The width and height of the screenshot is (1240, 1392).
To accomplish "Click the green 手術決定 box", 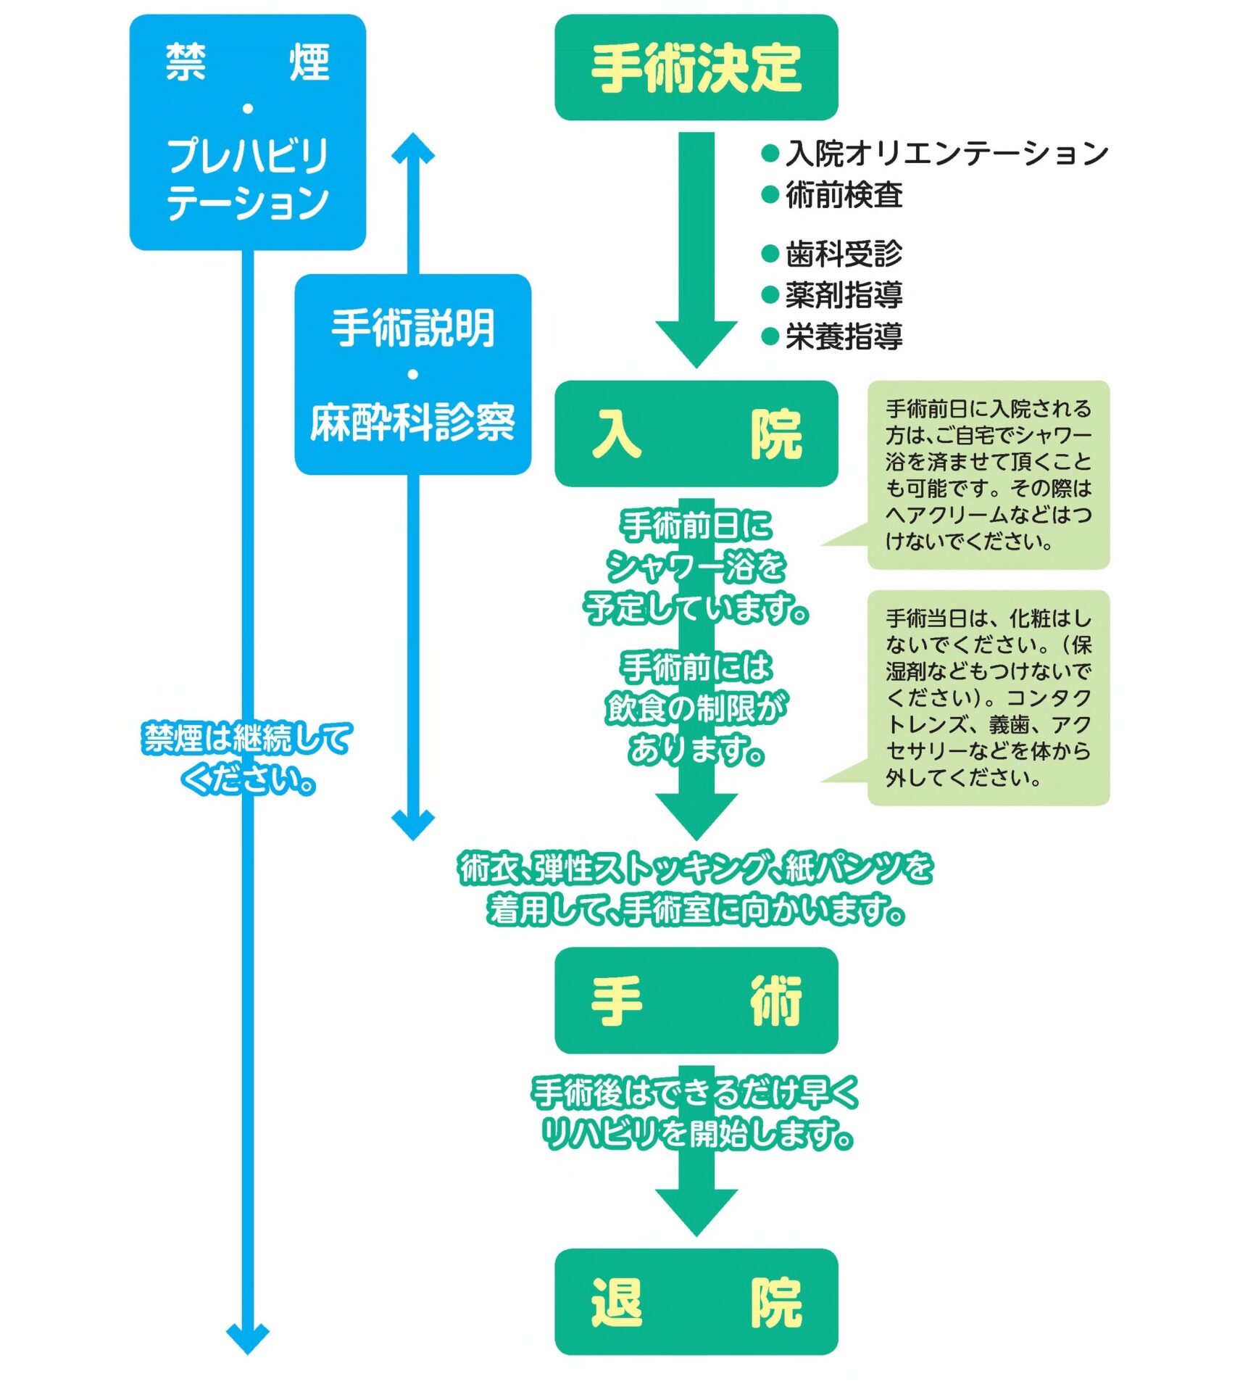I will coord(695,67).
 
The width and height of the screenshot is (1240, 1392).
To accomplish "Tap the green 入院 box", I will coord(695,434).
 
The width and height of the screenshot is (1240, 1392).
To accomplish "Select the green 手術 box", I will coord(695,1000).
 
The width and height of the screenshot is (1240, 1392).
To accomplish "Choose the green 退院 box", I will coord(695,1302).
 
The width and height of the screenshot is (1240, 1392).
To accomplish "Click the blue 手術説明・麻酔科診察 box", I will coord(412,374).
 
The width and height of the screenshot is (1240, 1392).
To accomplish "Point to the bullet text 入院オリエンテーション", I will coord(946,153).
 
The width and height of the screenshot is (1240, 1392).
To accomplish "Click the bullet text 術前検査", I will coord(844,195).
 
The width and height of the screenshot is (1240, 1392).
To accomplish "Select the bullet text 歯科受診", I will coord(844,254).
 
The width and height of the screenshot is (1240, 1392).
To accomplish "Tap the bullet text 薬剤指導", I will coord(844,295).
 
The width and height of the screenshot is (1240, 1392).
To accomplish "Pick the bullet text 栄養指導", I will coord(844,336).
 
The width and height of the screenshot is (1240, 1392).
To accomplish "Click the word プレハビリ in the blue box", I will coord(247,156).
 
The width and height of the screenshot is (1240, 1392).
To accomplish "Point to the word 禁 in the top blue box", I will coord(186,62).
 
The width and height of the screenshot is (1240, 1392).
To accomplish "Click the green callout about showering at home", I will coord(987,475).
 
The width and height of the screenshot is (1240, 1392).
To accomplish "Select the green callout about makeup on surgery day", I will coord(987,697).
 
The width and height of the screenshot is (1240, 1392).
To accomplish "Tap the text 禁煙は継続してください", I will coord(247,758).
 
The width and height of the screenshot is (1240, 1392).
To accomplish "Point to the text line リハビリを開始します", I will coord(695,1134).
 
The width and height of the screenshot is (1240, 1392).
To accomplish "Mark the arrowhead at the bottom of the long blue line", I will coord(247,1337).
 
